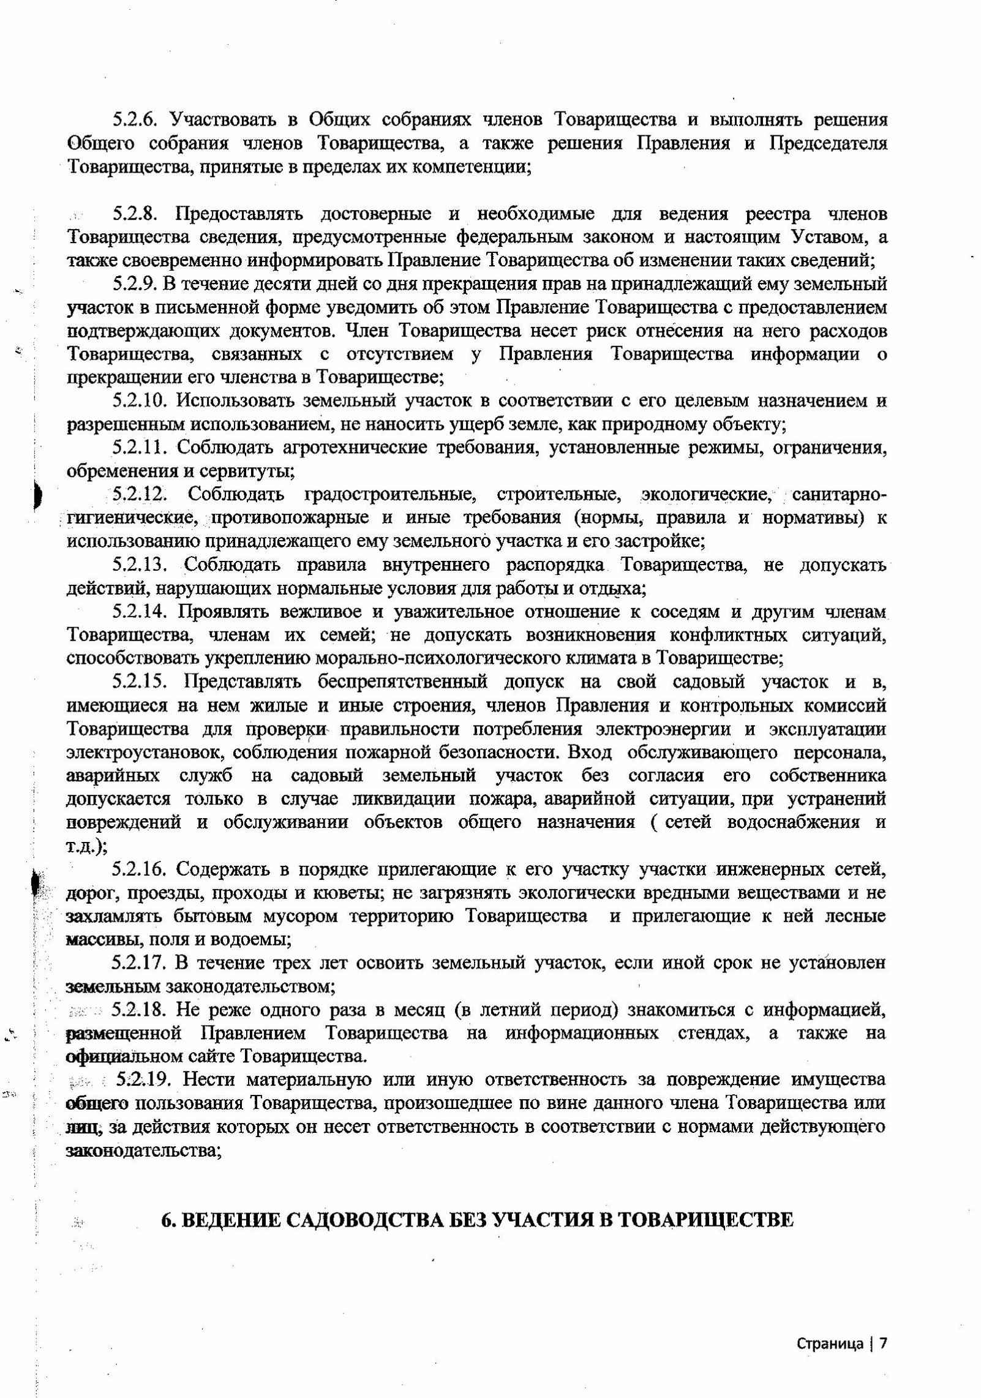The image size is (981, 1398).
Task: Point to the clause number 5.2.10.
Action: (x=140, y=401)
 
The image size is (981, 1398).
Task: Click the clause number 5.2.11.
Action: (x=140, y=448)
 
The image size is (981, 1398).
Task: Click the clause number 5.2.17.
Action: (x=140, y=963)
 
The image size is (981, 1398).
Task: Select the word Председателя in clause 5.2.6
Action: (x=827, y=143)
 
